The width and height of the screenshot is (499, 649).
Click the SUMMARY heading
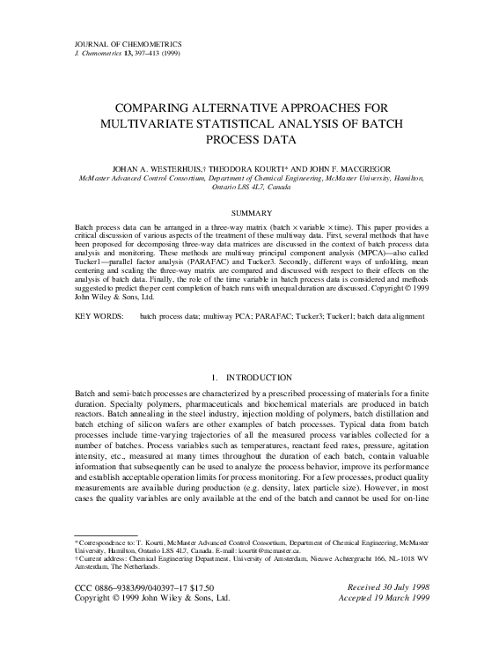249,213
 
